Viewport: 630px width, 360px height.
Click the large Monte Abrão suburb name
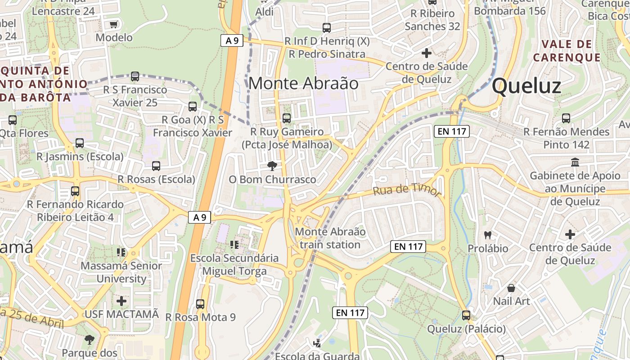click(303, 83)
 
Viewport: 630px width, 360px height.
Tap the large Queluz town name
click(526, 86)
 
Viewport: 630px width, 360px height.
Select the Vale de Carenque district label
click(567, 51)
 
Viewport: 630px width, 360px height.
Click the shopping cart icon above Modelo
click(114, 24)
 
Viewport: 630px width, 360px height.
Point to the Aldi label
click(265, 12)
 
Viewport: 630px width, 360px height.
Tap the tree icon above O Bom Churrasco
click(272, 166)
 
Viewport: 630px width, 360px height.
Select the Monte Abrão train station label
click(330, 238)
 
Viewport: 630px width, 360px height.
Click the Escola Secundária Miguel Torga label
click(234, 265)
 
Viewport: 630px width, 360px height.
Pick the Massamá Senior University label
click(121, 272)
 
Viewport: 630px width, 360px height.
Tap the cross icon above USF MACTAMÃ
click(121, 301)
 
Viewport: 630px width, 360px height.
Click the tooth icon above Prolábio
click(487, 234)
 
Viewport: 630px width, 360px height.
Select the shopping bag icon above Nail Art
click(511, 288)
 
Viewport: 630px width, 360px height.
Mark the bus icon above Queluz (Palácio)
click(466, 315)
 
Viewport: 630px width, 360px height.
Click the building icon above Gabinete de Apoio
click(575, 162)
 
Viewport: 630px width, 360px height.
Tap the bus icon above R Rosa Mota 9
click(200, 304)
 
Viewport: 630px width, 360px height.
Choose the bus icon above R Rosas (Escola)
click(156, 166)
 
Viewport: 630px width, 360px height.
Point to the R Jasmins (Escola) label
click(80, 157)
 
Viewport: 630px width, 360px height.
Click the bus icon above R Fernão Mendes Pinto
click(566, 118)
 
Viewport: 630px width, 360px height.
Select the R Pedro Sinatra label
click(327, 54)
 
